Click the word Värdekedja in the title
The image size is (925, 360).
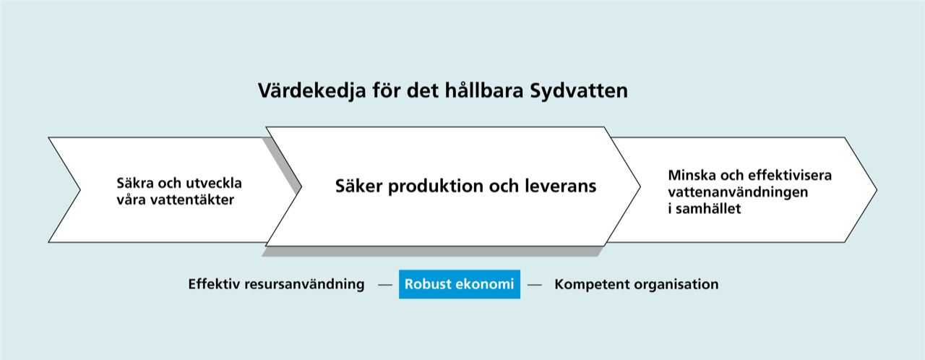click(312, 91)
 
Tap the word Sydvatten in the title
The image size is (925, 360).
click(579, 91)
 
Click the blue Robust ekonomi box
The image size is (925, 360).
click(459, 284)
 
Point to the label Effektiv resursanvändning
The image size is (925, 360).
click(276, 284)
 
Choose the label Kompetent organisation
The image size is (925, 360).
click(637, 284)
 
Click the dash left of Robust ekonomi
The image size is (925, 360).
click(385, 285)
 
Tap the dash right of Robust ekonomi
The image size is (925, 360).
click(535, 285)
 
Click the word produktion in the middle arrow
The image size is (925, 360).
click(436, 187)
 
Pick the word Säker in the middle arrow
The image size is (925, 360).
click(359, 186)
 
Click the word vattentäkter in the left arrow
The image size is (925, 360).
click(192, 200)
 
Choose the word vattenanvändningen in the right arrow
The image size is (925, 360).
click(738, 192)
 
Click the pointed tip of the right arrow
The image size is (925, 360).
click(877, 190)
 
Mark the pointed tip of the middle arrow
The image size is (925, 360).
click(640, 187)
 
